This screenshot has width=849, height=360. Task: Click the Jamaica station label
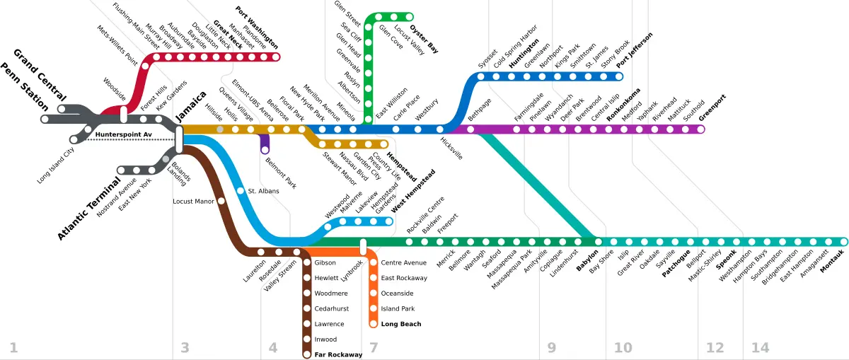coord(191,107)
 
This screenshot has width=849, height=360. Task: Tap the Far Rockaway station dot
coord(307,354)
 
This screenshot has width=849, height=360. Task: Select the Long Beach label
coord(401,324)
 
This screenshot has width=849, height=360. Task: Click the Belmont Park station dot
coord(265,150)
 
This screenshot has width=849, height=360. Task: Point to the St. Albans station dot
coord(241,191)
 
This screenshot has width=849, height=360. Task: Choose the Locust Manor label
coord(193,202)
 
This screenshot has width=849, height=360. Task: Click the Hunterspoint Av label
coord(124,134)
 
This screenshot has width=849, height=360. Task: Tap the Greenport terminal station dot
coord(701,129)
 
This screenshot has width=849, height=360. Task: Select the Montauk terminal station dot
coord(843,242)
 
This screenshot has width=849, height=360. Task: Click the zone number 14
coord(761,347)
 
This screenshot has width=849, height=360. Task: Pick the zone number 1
coord(13,347)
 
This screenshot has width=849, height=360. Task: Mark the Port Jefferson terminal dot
coord(619,76)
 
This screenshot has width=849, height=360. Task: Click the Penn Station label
coord(25,87)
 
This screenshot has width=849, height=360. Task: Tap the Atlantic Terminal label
coord(88,209)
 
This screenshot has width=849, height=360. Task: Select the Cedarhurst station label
coord(331,308)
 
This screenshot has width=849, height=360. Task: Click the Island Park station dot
coord(374,308)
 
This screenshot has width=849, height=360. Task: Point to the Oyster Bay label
coord(424,40)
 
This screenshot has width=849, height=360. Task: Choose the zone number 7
coord(374,347)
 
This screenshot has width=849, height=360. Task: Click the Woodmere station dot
coord(307,294)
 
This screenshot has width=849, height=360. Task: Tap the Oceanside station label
coord(397,294)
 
